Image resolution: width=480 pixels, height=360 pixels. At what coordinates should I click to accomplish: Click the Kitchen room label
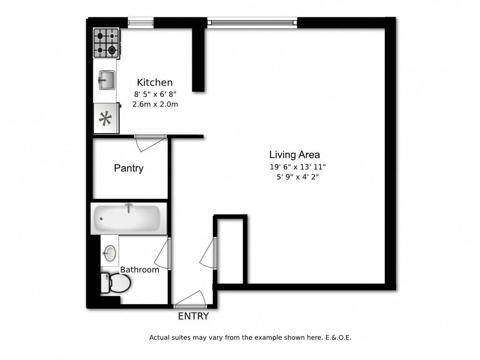(x=155, y=82)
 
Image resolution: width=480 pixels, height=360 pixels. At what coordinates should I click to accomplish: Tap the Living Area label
(x=294, y=155)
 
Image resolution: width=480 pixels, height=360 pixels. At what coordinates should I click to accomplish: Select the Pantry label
(x=128, y=168)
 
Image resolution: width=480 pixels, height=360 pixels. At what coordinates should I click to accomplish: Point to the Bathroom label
(x=140, y=270)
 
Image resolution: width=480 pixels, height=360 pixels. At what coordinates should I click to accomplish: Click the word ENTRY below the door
(x=193, y=316)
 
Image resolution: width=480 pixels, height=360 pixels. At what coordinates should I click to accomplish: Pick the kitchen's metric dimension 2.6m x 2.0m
(x=155, y=105)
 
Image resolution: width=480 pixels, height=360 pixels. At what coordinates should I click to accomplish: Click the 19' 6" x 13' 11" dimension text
(x=297, y=167)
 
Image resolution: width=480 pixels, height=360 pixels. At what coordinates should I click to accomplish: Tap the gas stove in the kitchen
(x=106, y=43)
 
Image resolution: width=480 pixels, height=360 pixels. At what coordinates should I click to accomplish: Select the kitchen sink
(x=106, y=79)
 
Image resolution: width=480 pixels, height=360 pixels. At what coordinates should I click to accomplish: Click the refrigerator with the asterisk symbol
(x=105, y=119)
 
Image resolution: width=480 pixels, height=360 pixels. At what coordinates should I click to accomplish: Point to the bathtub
(x=128, y=218)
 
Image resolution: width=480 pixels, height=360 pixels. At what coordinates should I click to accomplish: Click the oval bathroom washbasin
(x=110, y=253)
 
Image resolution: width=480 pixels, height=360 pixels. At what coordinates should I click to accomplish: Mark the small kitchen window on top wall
(x=141, y=22)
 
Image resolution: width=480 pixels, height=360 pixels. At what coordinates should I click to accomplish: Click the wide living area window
(x=252, y=22)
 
